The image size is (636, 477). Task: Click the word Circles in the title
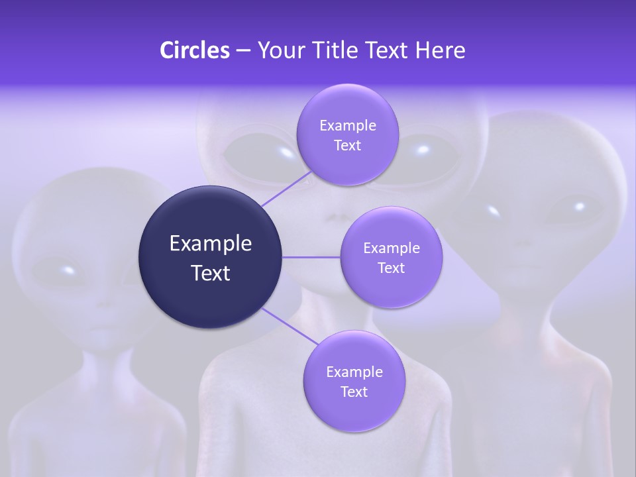(x=194, y=50)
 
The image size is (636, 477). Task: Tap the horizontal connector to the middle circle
(x=311, y=257)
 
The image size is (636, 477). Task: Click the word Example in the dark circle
(x=211, y=244)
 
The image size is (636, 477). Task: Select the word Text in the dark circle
(x=211, y=273)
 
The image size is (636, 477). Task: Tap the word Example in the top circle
(x=347, y=126)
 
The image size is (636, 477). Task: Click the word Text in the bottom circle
(x=354, y=392)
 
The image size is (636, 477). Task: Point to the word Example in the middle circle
(x=391, y=248)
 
